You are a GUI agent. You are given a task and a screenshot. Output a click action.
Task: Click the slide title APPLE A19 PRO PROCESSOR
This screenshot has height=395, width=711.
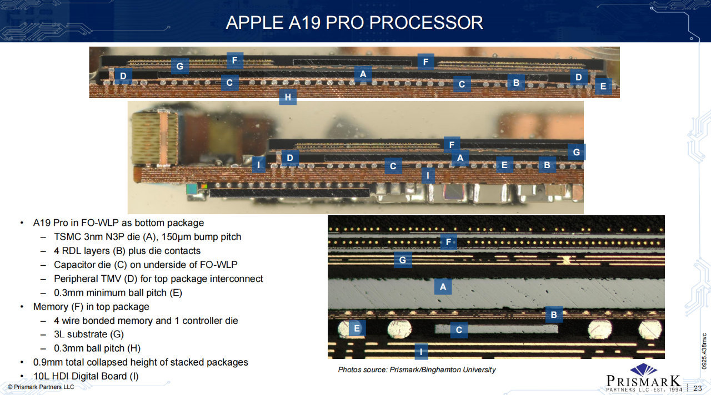pos(354,22)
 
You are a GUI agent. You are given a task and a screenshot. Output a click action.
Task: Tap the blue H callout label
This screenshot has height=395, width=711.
pos(288,98)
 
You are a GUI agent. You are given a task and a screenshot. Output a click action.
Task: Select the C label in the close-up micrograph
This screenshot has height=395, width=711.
pos(459,330)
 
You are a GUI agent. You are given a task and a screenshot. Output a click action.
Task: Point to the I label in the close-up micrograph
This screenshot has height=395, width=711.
pos(422,352)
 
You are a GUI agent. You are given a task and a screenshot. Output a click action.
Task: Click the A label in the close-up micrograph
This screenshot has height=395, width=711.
pos(443,286)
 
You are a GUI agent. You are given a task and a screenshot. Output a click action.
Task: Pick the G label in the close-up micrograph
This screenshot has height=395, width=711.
pos(403,260)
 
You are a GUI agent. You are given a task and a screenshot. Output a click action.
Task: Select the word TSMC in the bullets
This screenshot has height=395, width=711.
pos(67,237)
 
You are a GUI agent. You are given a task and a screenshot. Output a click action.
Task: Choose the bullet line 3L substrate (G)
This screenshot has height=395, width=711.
pos(89,335)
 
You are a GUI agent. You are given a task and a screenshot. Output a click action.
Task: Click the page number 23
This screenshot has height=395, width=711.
pos(698,388)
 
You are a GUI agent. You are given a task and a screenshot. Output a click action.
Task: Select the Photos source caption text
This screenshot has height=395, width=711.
pos(417,369)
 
